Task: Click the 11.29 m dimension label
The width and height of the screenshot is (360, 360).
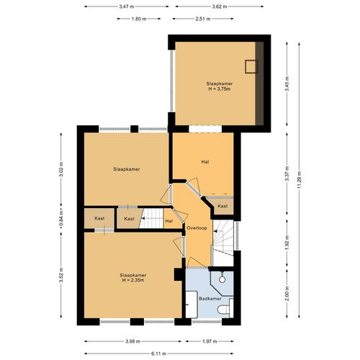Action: pyautogui.click(x=299, y=180)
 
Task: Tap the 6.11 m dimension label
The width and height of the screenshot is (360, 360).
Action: pyautogui.click(x=159, y=354)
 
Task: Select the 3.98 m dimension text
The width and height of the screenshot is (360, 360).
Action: pyautogui.click(x=132, y=341)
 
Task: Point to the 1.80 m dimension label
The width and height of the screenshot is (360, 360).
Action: pyautogui.click(x=139, y=19)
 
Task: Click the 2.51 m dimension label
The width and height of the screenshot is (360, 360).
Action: pyautogui.click(x=203, y=19)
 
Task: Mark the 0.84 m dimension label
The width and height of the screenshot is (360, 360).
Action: pyautogui.click(x=61, y=218)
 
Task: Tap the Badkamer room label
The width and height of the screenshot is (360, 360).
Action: pyautogui.click(x=210, y=299)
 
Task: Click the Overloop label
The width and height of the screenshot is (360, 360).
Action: pyautogui.click(x=197, y=228)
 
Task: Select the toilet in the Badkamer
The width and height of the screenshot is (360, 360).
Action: pyautogui.click(x=225, y=309)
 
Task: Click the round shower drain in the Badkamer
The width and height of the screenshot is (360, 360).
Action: pyautogui.click(x=222, y=279)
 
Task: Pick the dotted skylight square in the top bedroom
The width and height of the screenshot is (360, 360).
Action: pyautogui.click(x=251, y=66)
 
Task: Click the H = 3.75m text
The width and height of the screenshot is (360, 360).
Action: pyautogui.click(x=220, y=89)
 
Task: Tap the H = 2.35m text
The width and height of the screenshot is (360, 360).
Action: pyautogui.click(x=133, y=280)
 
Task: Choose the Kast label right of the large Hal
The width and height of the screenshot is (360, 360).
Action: pyautogui.click(x=222, y=206)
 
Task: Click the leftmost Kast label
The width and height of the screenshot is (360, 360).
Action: pyautogui.click(x=99, y=218)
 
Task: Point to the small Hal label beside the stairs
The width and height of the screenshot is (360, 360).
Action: pyautogui.click(x=169, y=221)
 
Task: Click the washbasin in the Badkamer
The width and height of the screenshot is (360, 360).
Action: pyautogui.click(x=192, y=305)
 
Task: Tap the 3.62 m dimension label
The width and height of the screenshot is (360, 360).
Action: pyautogui.click(x=220, y=6)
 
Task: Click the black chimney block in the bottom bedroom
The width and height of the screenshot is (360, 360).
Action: pyautogui.click(x=179, y=274)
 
